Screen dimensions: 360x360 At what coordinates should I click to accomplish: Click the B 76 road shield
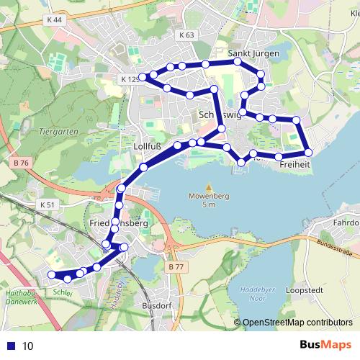(x=21, y=163)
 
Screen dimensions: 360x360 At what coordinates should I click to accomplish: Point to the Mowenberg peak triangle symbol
(x=209, y=186)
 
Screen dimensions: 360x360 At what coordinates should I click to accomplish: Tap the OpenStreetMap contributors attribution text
(x=297, y=323)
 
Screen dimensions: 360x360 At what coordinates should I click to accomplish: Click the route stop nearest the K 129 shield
(x=143, y=76)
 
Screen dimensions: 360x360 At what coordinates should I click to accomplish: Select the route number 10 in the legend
(x=27, y=346)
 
